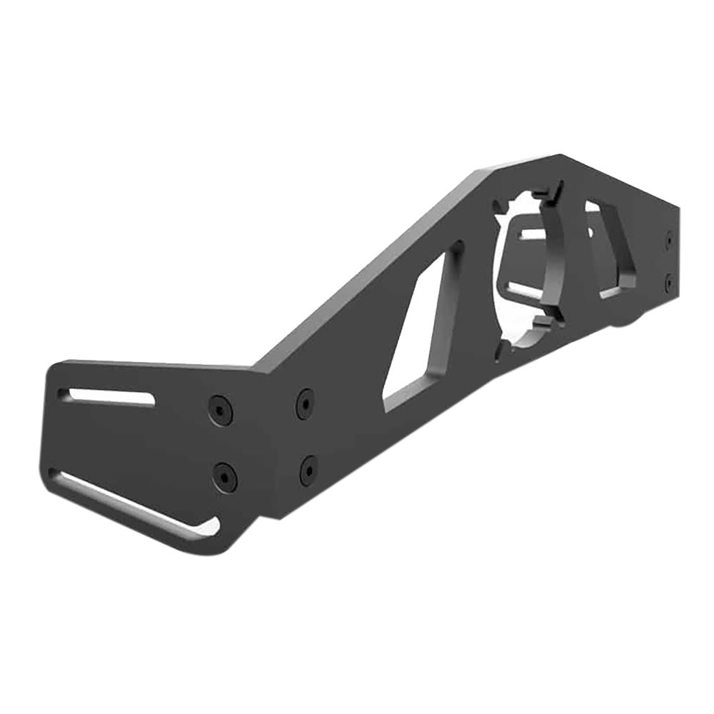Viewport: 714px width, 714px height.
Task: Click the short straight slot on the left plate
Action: tap(107, 396)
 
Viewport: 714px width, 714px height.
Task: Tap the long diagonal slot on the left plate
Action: tap(132, 503)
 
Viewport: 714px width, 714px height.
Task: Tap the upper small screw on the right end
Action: tap(668, 241)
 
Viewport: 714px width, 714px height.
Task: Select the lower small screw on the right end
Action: tap(668, 283)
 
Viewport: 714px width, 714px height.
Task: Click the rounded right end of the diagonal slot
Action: tap(211, 527)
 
